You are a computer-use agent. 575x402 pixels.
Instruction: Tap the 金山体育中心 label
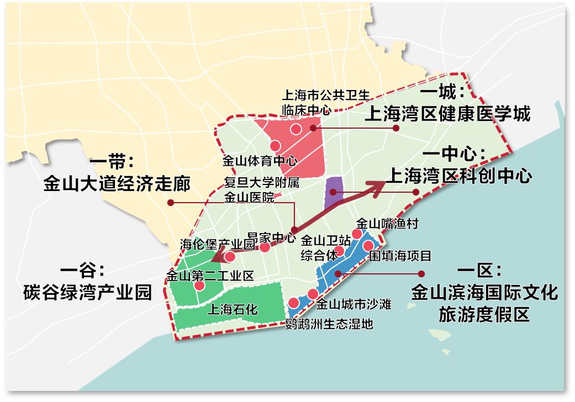click(x=260, y=161)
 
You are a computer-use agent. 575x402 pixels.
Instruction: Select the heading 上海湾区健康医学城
click(x=447, y=114)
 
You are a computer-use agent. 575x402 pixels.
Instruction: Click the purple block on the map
click(x=334, y=191)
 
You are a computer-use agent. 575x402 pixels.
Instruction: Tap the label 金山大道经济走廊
click(x=117, y=183)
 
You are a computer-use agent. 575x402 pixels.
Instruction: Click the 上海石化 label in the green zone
click(x=232, y=309)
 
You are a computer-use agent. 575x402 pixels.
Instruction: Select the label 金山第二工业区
click(x=210, y=275)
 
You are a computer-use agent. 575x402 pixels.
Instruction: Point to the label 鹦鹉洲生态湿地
click(x=329, y=324)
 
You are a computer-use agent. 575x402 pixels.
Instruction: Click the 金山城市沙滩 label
click(x=354, y=304)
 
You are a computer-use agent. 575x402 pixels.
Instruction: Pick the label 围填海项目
click(x=400, y=256)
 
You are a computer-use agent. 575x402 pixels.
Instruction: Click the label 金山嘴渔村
click(x=387, y=224)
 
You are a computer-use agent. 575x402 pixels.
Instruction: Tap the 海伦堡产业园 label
click(x=218, y=243)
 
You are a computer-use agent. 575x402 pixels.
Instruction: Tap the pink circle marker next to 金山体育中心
click(x=275, y=145)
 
